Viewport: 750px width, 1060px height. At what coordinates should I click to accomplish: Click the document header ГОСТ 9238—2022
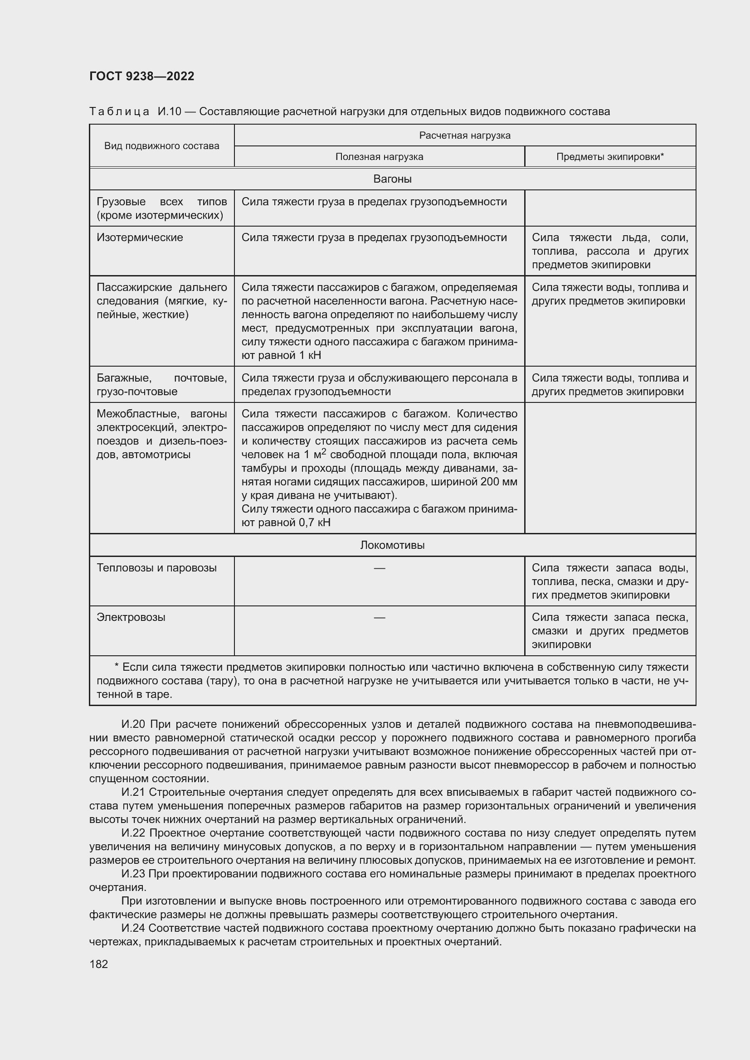[142, 76]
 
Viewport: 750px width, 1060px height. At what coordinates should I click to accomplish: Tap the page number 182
[98, 964]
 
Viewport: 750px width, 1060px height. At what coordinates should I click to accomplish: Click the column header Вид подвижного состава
[161, 146]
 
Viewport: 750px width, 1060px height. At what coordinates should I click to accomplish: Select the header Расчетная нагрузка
[465, 135]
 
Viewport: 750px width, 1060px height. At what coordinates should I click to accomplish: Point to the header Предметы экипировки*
[609, 156]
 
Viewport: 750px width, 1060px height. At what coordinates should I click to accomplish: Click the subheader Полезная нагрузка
[379, 156]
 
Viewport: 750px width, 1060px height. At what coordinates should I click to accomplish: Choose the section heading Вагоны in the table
[392, 179]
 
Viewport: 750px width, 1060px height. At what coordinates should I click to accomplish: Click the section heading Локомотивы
[392, 545]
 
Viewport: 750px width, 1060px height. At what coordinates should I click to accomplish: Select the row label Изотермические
[140, 237]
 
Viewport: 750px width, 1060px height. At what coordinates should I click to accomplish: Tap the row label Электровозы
[131, 617]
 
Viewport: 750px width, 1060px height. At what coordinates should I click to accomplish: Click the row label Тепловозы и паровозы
[156, 567]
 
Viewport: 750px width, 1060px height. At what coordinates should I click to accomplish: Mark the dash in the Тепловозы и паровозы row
[379, 567]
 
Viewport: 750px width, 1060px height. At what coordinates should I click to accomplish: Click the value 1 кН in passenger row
[309, 355]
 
